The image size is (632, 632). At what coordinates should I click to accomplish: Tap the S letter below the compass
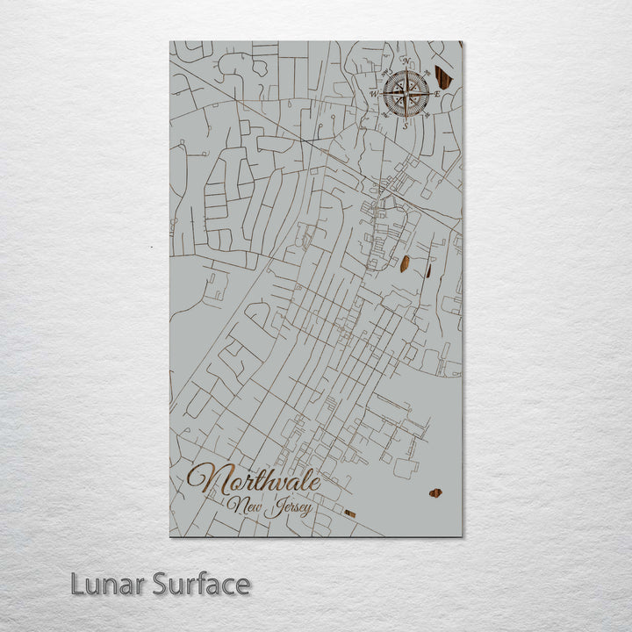(405, 124)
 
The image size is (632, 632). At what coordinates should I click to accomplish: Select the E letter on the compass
(436, 92)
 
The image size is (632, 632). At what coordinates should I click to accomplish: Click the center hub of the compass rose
(406, 92)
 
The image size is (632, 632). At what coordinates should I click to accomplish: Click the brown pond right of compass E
(443, 79)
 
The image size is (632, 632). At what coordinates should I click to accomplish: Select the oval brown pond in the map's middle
(406, 262)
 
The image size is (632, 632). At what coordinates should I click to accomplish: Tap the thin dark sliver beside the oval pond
(428, 270)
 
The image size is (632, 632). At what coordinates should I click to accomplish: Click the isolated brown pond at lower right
(435, 493)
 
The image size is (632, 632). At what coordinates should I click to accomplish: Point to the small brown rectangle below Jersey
(349, 513)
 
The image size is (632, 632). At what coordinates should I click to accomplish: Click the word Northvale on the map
(254, 481)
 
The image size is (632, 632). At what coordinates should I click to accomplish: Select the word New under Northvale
(243, 505)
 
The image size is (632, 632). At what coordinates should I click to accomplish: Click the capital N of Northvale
(204, 480)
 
